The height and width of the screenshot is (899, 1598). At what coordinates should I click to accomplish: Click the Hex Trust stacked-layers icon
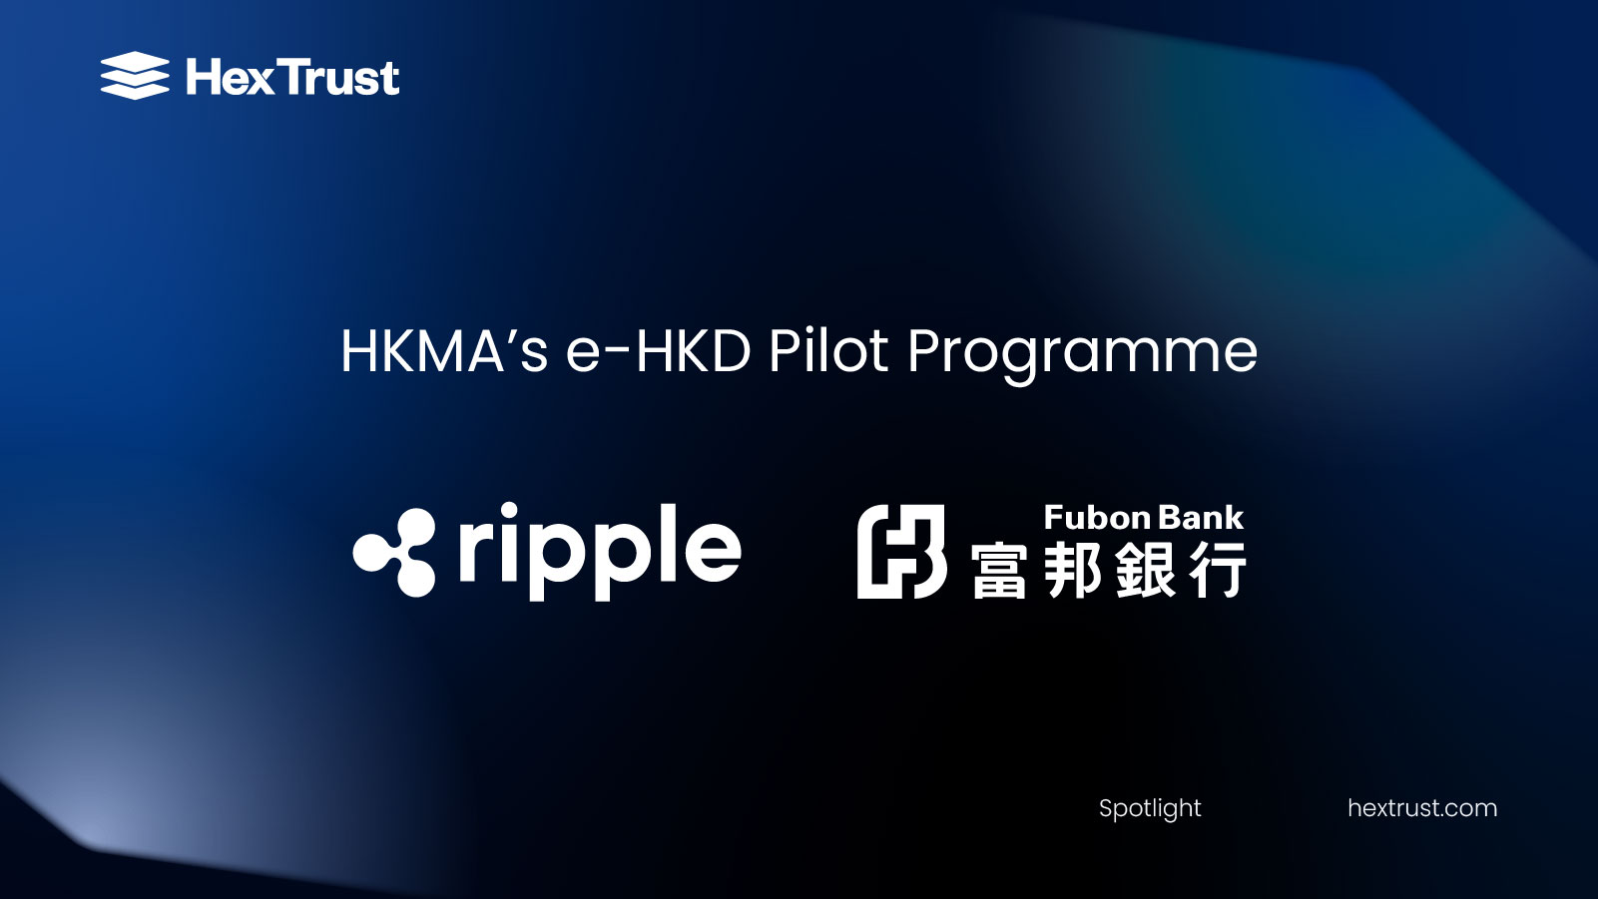tap(135, 76)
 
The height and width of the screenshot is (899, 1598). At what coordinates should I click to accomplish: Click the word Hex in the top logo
tap(229, 77)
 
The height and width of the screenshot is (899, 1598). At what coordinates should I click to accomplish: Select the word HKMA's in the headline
tap(444, 351)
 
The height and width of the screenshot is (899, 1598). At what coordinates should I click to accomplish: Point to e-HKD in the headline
tap(658, 351)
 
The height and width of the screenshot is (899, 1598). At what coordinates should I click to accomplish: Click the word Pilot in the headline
tap(827, 351)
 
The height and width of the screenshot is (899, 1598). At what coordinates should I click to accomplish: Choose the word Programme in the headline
tap(1082, 353)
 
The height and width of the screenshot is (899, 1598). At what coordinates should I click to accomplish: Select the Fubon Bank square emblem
tap(901, 552)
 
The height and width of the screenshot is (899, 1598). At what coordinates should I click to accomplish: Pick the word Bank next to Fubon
tap(1202, 518)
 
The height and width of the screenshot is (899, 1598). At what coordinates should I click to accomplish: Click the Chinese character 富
tap(999, 571)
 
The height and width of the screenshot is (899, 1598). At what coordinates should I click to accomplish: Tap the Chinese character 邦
tap(1073, 570)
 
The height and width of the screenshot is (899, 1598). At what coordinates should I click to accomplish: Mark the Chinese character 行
tap(1219, 570)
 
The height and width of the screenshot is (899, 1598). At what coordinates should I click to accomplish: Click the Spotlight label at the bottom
tap(1150, 808)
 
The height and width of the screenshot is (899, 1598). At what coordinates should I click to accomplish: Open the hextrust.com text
tap(1421, 808)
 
